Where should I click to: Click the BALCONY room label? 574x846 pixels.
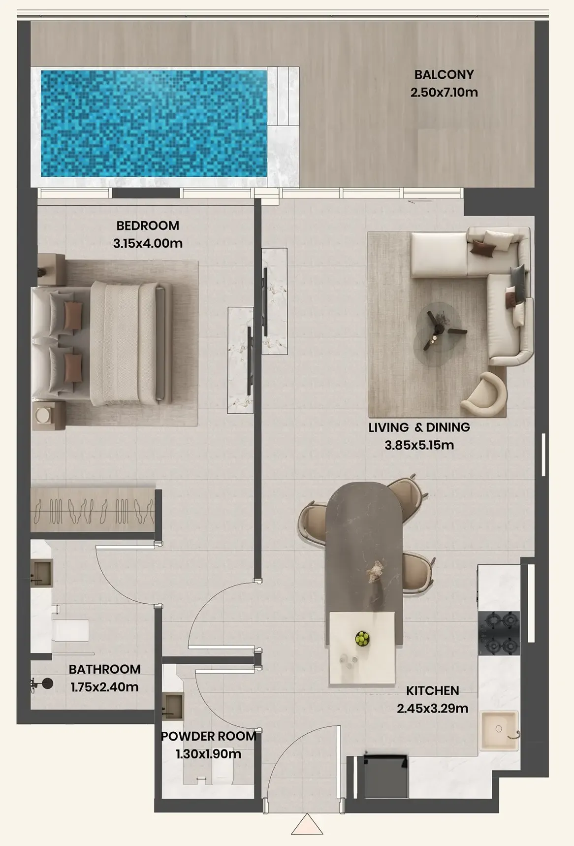coord(444,74)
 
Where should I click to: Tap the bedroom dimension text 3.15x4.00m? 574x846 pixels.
coord(148,243)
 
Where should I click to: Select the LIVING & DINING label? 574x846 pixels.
coord(419,427)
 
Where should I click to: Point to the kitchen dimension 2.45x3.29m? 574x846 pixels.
coord(432,709)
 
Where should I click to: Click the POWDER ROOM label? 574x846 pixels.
coord(209,736)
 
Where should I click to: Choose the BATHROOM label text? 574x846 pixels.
coord(104,669)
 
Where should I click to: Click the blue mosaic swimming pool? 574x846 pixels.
coord(154,123)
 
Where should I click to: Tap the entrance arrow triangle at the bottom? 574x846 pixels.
coord(307,823)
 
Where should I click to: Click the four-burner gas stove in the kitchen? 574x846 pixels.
coord(499,633)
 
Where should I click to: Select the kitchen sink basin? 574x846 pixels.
coord(499,731)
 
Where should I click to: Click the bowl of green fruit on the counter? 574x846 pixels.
coord(362,638)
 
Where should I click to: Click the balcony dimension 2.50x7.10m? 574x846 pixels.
coord(444,92)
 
